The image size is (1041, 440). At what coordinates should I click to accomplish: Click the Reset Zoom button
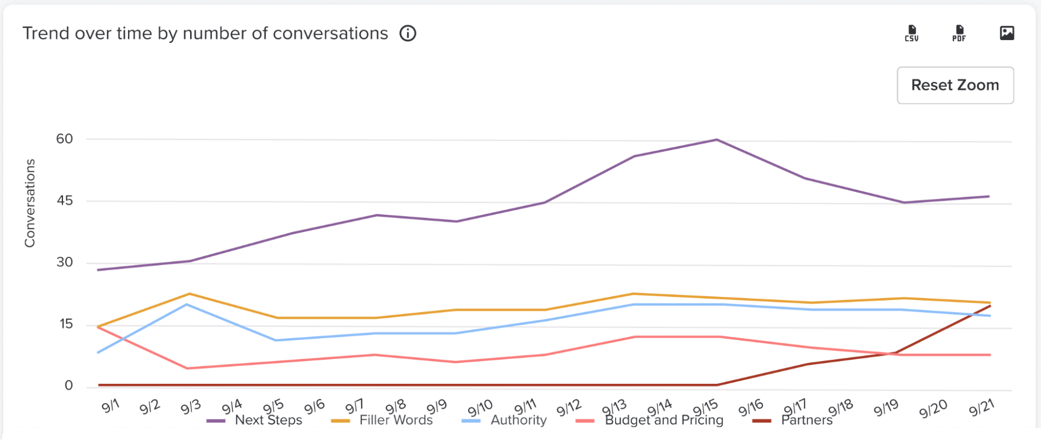point(955,85)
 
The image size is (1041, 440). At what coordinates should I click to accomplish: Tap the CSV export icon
point(911,33)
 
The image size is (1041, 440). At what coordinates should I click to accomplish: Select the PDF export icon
point(959,33)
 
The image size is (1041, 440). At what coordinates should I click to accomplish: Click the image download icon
point(1007,33)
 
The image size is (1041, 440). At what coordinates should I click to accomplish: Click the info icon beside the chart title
point(408,33)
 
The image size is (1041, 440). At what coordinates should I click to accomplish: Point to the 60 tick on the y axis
point(65,139)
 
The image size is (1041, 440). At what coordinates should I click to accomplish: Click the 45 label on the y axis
point(65,201)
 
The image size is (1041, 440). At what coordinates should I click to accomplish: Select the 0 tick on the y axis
point(68,385)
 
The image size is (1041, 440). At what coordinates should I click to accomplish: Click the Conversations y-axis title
point(30,203)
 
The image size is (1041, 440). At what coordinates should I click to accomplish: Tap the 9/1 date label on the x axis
point(110,406)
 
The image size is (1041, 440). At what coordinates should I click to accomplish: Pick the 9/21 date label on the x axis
point(982,407)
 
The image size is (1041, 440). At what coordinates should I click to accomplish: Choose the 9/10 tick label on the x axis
point(480,408)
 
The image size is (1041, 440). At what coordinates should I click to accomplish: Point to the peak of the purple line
point(717,140)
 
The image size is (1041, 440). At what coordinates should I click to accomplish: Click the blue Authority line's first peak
point(186,304)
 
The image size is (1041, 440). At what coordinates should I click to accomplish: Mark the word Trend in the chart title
point(46,33)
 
